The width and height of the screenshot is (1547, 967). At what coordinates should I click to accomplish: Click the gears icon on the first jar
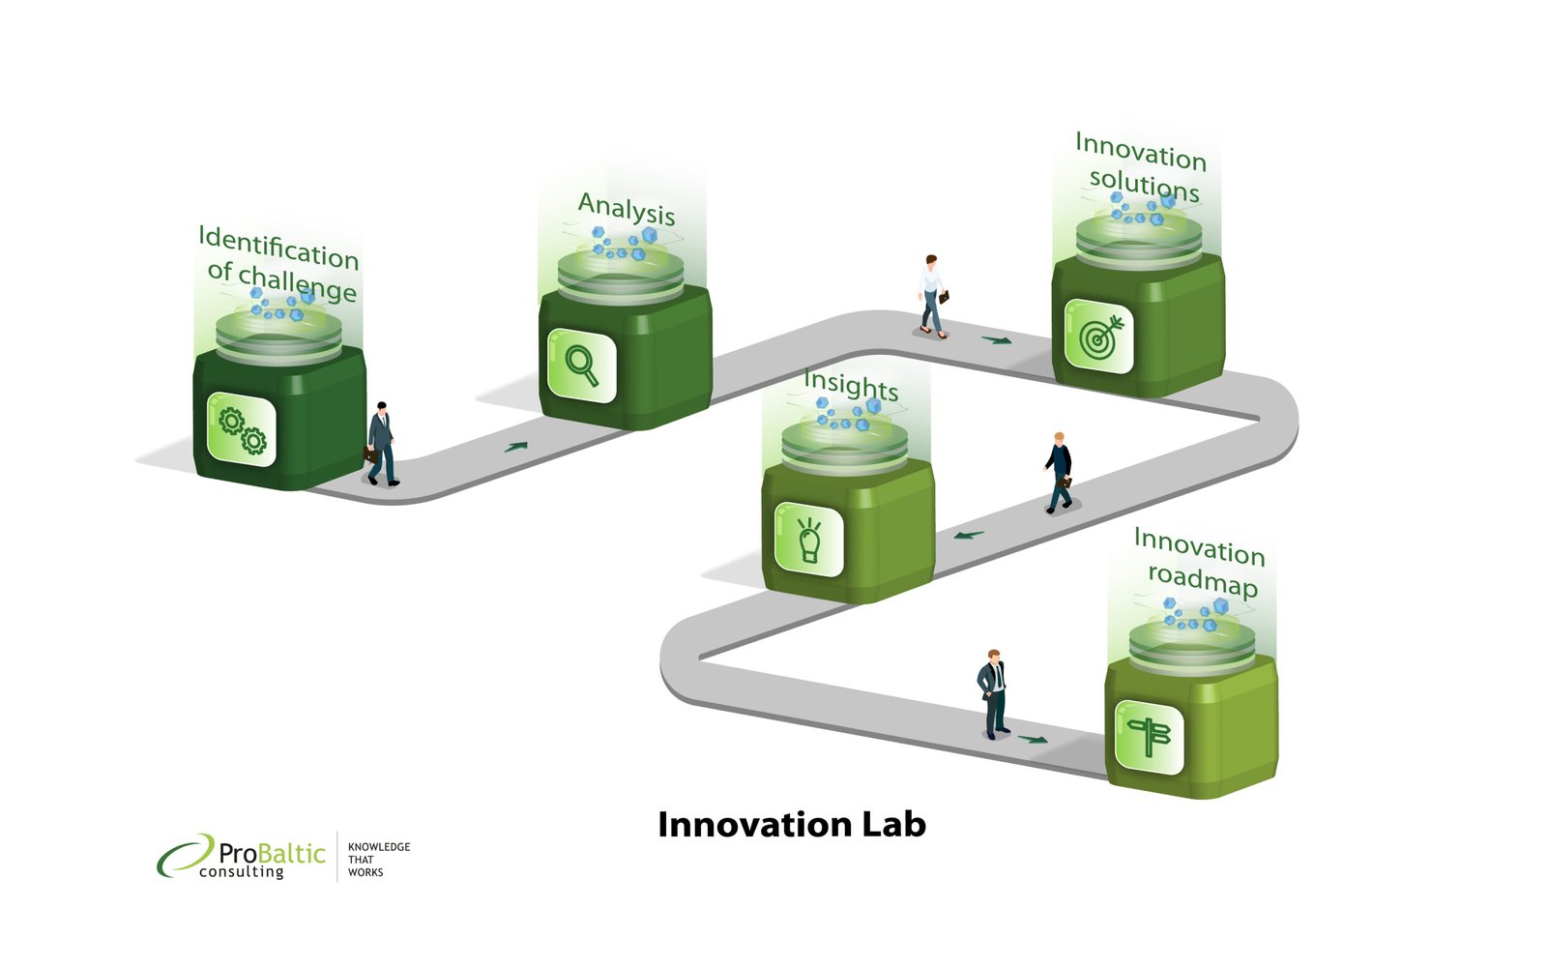(x=243, y=430)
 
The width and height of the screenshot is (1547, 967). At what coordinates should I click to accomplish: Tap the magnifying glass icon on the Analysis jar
(x=581, y=365)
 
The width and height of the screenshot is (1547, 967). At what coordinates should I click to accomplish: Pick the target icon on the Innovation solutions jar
(x=1100, y=337)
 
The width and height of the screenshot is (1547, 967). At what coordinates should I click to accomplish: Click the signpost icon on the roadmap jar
(x=1150, y=736)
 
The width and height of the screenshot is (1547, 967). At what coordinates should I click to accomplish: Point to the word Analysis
(x=627, y=209)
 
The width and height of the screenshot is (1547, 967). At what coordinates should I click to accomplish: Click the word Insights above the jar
(x=851, y=384)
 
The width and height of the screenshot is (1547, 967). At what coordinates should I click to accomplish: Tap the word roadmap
(x=1203, y=579)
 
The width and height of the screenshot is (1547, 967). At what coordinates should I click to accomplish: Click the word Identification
(x=278, y=247)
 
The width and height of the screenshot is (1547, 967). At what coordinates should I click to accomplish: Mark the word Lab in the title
(x=893, y=824)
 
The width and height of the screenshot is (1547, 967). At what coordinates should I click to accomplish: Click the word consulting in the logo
(x=241, y=871)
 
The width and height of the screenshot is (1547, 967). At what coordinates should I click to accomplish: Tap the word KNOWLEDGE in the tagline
(x=379, y=847)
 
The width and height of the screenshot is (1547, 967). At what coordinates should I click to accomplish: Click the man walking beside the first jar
(x=382, y=444)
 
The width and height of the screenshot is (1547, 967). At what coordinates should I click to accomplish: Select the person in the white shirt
(x=932, y=296)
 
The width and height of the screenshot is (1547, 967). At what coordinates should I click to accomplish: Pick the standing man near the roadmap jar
(x=993, y=694)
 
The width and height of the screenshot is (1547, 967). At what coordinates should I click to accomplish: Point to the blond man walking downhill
(x=1059, y=473)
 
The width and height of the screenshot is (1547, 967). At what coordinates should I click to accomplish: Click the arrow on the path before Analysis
(x=516, y=447)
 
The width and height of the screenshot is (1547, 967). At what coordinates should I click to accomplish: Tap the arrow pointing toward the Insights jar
(x=968, y=535)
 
